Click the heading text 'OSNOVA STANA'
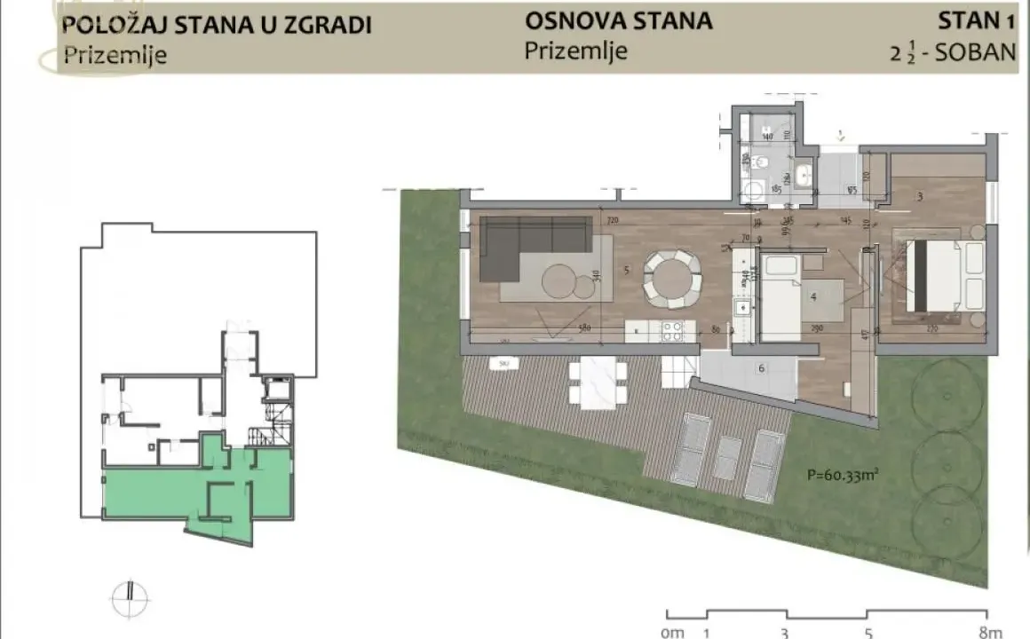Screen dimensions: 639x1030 (618, 20)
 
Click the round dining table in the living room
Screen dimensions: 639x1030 (673, 277)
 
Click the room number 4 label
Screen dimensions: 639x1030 (812, 296)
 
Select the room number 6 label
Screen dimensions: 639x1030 (761, 367)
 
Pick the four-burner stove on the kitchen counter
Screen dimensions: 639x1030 (671, 331)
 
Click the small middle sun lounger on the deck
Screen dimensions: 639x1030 (728, 457)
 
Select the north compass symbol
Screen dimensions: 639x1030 (130, 592)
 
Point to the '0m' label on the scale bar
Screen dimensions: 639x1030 (673, 632)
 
